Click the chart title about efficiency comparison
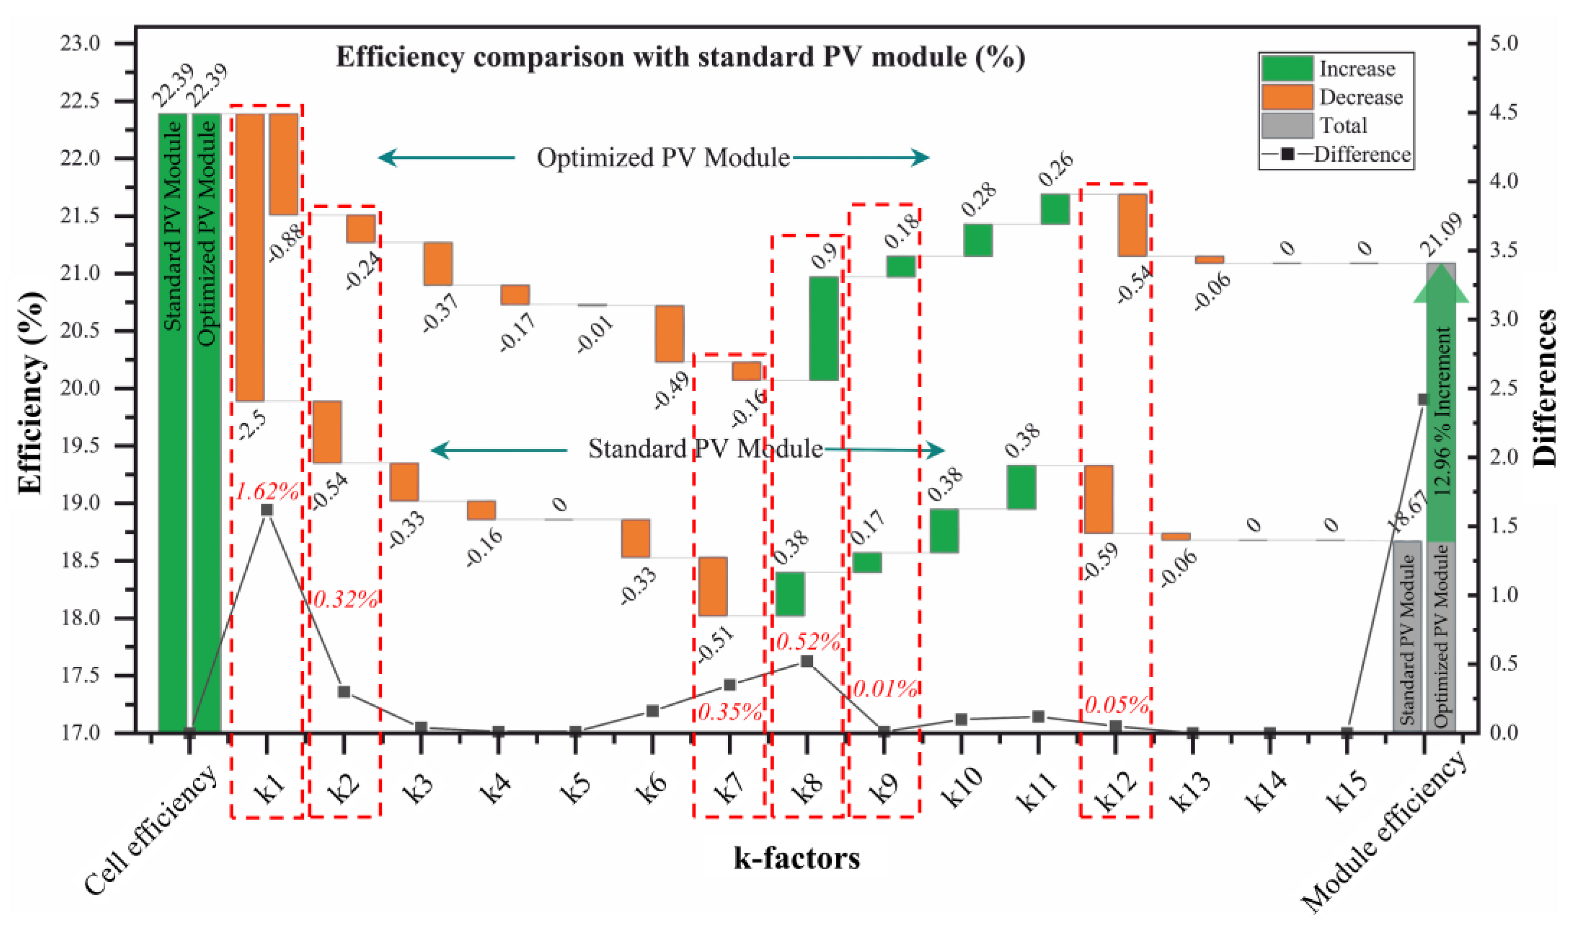click(680, 58)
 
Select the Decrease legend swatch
click(1287, 97)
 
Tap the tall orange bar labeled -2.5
click(249, 257)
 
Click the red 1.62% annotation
click(267, 492)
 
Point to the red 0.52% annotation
click(808, 642)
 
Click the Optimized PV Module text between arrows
click(662, 158)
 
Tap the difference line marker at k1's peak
click(267, 509)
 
